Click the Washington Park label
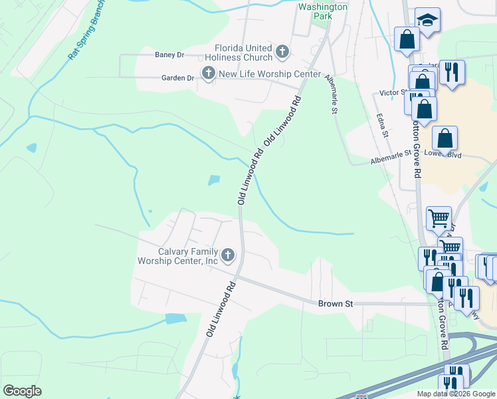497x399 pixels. (x=322, y=12)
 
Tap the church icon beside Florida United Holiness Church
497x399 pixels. (x=282, y=52)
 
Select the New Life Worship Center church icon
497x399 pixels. (x=208, y=74)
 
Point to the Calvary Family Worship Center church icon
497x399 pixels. (x=228, y=255)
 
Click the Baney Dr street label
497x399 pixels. (x=169, y=55)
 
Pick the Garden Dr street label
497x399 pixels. (x=177, y=78)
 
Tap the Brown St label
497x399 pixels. (x=335, y=304)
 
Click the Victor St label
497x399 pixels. (x=392, y=92)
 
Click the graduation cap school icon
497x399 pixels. (x=428, y=21)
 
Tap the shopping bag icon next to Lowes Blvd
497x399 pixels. (x=445, y=139)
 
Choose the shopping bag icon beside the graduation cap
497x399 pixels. (x=407, y=40)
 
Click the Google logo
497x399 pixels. (x=22, y=391)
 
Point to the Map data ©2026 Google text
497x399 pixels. (x=456, y=394)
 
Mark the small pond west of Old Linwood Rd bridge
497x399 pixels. (x=214, y=180)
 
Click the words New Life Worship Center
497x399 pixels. (x=270, y=74)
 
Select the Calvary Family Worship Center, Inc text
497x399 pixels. (x=178, y=256)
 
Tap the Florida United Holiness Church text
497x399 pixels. (x=243, y=52)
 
